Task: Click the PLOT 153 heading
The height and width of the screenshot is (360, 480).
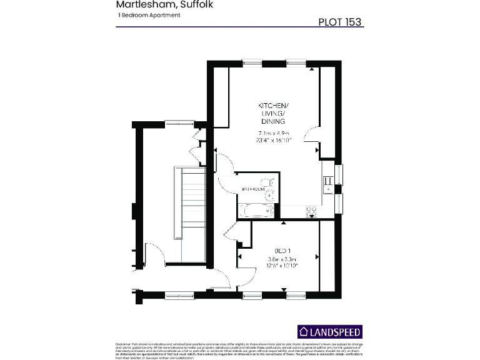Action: tap(340, 22)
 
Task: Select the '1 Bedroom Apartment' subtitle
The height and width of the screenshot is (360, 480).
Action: tap(149, 15)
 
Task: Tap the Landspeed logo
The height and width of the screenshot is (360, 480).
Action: tap(329, 332)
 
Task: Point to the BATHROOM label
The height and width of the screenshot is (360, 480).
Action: tap(252, 189)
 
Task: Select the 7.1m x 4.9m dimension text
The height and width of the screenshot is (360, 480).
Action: tap(273, 133)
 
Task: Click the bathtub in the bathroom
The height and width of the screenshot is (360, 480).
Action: tap(257, 211)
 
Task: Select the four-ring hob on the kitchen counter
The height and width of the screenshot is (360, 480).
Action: tap(311, 211)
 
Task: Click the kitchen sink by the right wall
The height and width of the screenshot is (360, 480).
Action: tap(327, 182)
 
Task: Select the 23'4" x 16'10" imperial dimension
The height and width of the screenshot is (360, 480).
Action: tap(273, 141)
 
